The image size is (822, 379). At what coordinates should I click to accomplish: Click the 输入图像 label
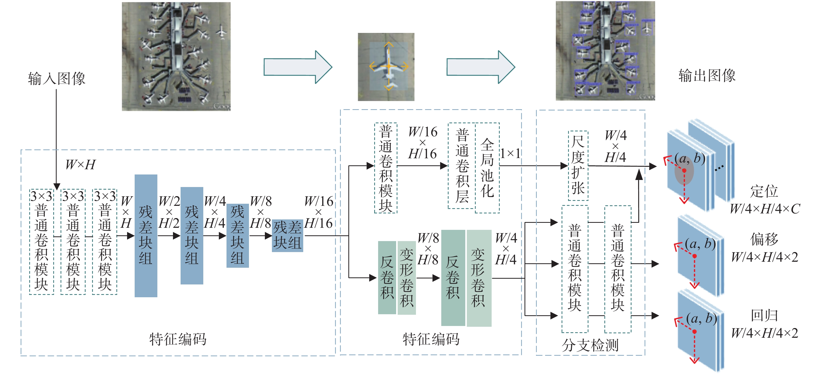click(56, 79)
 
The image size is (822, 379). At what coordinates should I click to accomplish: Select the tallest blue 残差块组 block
click(146, 235)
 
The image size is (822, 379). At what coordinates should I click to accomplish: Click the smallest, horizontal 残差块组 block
click(287, 236)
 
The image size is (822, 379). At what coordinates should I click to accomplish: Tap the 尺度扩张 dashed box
click(578, 165)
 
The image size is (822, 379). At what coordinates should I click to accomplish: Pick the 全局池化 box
click(487, 168)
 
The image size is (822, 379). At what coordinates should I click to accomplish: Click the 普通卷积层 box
click(462, 166)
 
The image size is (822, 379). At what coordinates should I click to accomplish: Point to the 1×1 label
click(510, 154)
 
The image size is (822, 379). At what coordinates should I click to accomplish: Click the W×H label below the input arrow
click(80, 165)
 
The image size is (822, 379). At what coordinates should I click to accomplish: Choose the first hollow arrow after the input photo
click(298, 67)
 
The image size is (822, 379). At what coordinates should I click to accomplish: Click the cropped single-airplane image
click(386, 67)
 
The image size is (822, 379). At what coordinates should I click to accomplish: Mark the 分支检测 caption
click(590, 345)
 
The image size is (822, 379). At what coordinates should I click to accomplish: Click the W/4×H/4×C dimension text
click(765, 209)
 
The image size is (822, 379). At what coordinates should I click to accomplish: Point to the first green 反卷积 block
click(387, 277)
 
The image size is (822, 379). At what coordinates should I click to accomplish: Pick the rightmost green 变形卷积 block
click(479, 278)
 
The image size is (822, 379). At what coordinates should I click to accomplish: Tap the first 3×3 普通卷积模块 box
click(41, 241)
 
